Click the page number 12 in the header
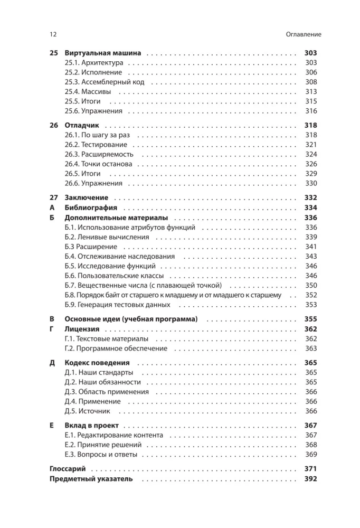[53, 34]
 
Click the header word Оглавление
[299, 34]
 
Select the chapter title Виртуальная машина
[102, 53]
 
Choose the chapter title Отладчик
[83, 126]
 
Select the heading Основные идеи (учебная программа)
[130, 319]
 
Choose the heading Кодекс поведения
[97, 363]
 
